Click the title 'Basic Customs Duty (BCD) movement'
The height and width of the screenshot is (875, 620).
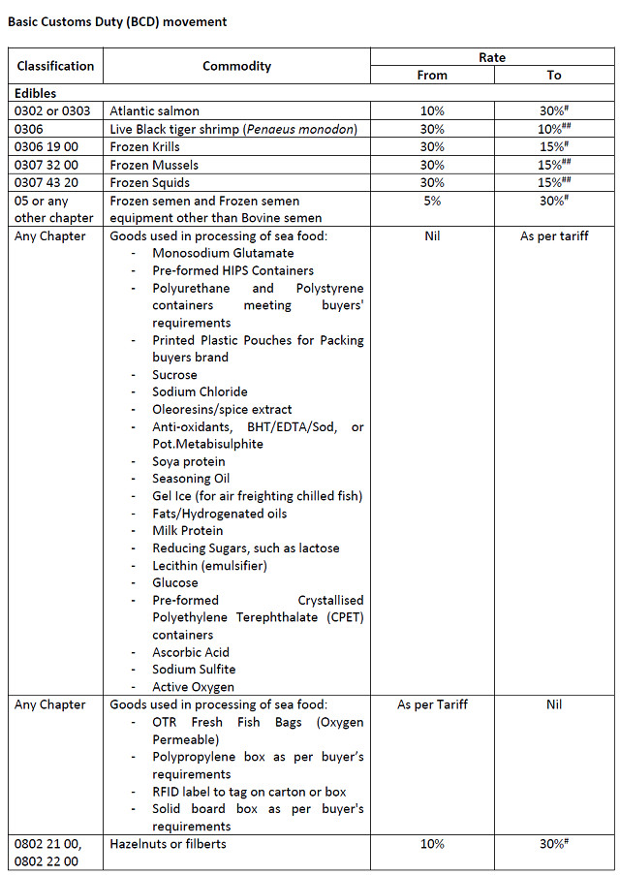118,19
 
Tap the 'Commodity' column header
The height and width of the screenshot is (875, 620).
236,66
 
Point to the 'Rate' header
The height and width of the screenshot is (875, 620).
492,57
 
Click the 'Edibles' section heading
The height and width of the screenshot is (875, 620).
35,94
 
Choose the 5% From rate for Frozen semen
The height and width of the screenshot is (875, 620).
432,201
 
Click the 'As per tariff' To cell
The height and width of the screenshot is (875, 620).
553,235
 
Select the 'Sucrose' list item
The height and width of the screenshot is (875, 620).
174,375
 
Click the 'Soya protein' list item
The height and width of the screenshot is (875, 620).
188,461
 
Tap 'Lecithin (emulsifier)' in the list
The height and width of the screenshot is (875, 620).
209,565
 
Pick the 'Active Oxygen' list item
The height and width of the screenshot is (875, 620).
193,687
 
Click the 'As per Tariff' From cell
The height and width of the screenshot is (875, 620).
432,704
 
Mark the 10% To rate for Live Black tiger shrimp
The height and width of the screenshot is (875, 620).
553,129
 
